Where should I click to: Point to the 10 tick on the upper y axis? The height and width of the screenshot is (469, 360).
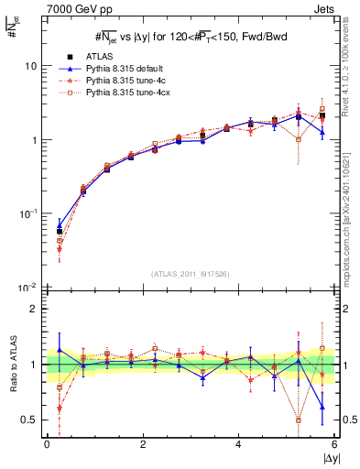click(x=33, y=67)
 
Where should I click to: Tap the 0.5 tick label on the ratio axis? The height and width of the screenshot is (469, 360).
click(x=31, y=420)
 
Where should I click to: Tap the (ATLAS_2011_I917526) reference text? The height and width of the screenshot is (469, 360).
click(x=191, y=274)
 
